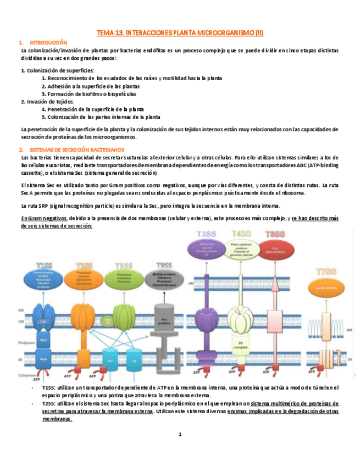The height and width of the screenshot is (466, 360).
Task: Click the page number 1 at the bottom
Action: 180,435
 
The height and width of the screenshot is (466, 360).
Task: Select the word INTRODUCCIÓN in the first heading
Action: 48,43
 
